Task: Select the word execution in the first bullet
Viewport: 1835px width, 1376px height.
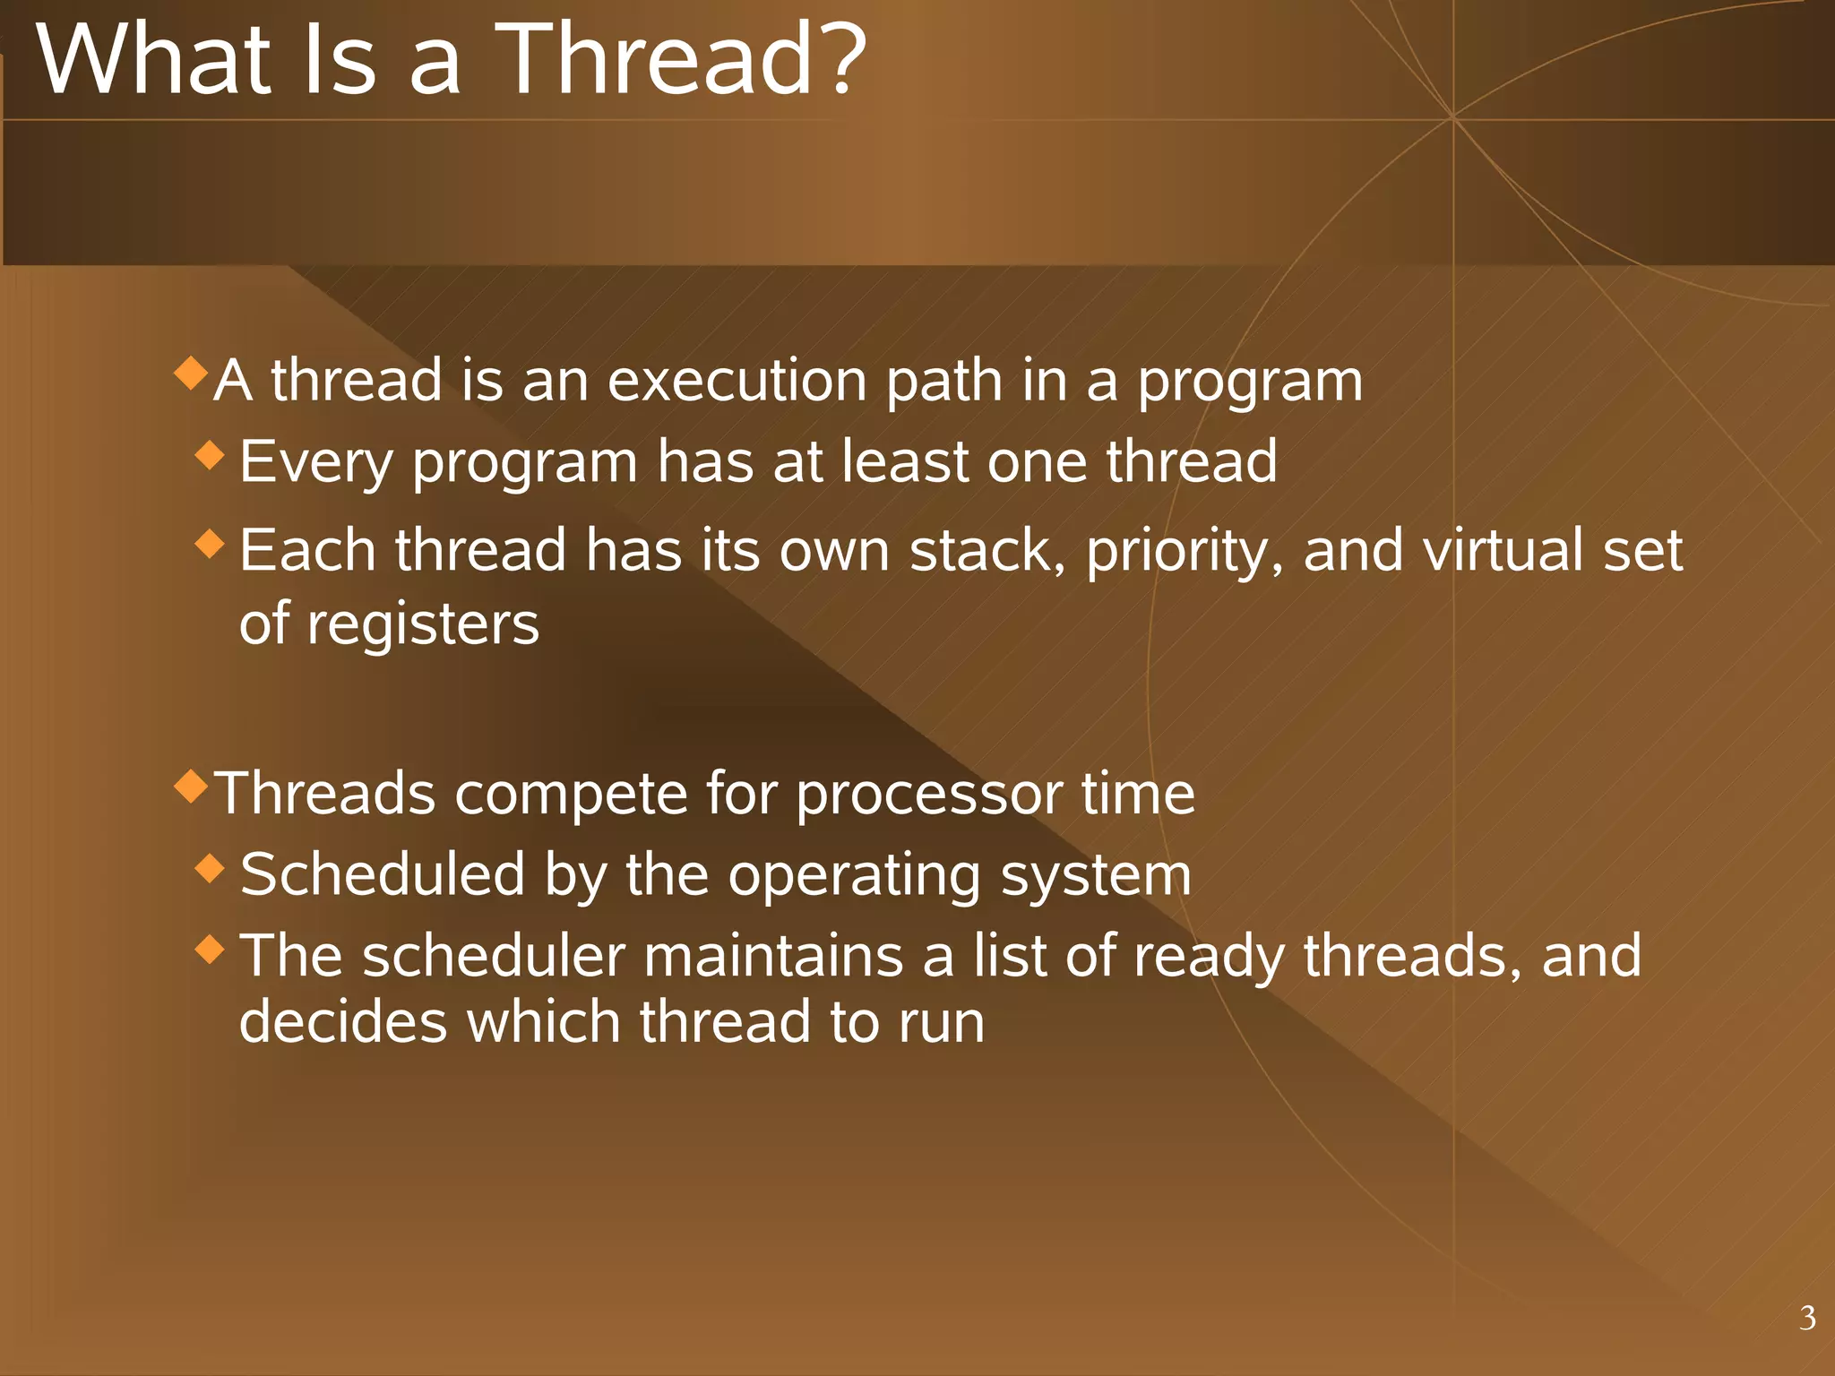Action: pos(737,381)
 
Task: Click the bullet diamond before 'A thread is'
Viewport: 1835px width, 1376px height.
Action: pos(191,372)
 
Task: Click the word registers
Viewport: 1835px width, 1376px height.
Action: pos(423,624)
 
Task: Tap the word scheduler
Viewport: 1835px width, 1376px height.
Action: pos(494,956)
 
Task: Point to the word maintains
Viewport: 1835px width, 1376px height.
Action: pos(772,956)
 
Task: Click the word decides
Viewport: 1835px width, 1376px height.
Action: pos(343,1022)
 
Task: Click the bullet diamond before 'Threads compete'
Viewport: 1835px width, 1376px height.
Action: pos(191,785)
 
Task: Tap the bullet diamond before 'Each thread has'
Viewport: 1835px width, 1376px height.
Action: pos(210,543)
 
